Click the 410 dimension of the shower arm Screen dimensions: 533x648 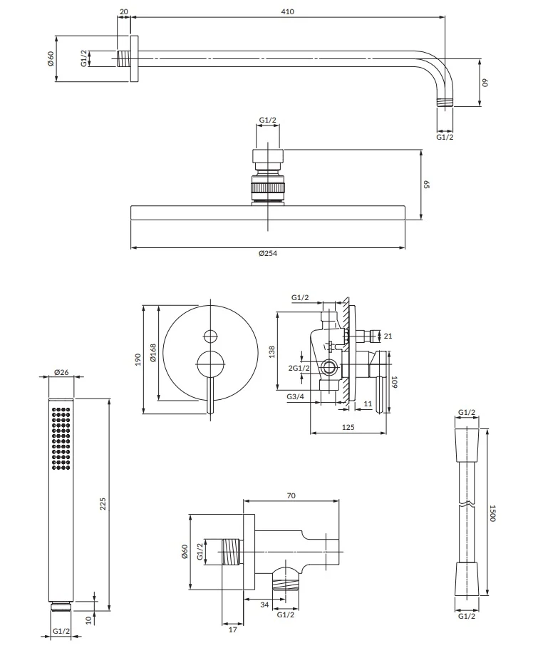(x=287, y=11)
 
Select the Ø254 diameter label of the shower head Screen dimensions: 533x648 (x=268, y=253)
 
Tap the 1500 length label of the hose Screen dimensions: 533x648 (x=492, y=513)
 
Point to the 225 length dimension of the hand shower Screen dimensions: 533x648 (x=103, y=504)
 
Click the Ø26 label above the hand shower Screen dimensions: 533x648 (x=61, y=372)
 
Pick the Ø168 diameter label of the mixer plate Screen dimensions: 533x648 (x=153, y=353)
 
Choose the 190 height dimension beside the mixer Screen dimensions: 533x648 (x=138, y=359)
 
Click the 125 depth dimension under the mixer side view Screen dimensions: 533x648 (x=348, y=427)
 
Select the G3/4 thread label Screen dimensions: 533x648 (x=296, y=397)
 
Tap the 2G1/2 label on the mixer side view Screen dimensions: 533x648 (x=299, y=368)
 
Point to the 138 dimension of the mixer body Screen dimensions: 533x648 (x=271, y=351)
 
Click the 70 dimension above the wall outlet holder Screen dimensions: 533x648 (x=291, y=495)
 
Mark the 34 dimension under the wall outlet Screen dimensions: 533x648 (x=264, y=605)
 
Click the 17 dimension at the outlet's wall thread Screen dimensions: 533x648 (x=232, y=629)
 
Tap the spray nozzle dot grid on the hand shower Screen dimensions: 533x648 (x=61, y=438)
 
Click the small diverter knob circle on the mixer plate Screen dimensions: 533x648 (x=211, y=336)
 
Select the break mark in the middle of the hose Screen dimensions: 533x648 (x=467, y=504)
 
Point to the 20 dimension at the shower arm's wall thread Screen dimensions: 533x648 (x=124, y=11)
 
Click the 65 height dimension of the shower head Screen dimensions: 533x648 (x=427, y=185)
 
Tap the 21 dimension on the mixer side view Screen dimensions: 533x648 (x=388, y=336)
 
